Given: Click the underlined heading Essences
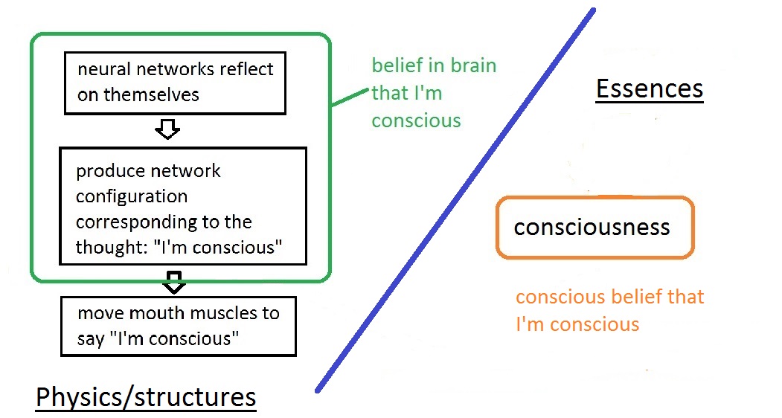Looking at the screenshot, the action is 650,89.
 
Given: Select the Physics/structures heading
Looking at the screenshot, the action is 146,398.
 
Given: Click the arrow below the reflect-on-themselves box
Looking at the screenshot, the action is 167,129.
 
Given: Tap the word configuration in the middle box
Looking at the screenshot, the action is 132,196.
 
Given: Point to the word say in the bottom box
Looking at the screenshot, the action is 91,340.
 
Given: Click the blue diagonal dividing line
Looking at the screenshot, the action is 455,200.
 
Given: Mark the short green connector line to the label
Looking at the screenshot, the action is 350,97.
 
